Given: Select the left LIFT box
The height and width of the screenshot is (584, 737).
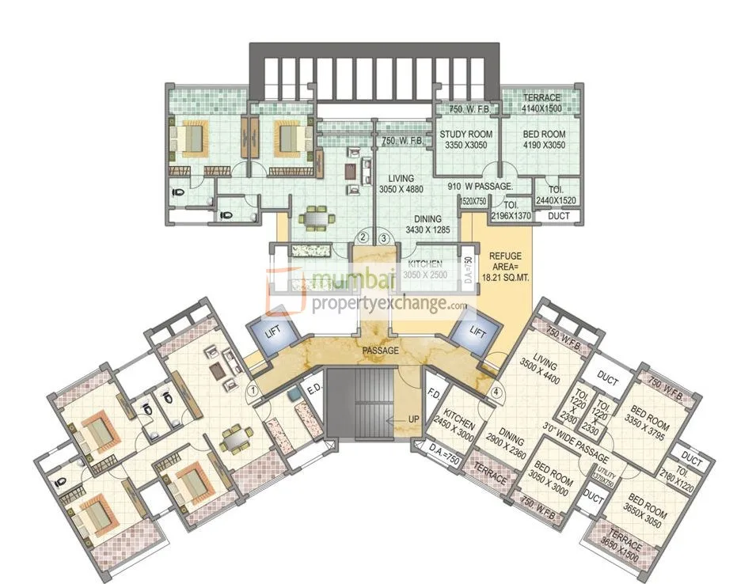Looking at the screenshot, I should (271, 336).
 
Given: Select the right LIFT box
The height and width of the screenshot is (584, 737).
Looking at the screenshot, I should (477, 332).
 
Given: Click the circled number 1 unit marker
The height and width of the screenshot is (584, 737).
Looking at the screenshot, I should (252, 390).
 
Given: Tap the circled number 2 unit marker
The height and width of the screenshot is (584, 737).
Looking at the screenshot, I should (363, 236).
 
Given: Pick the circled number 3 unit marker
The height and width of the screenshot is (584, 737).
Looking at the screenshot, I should (384, 236).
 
